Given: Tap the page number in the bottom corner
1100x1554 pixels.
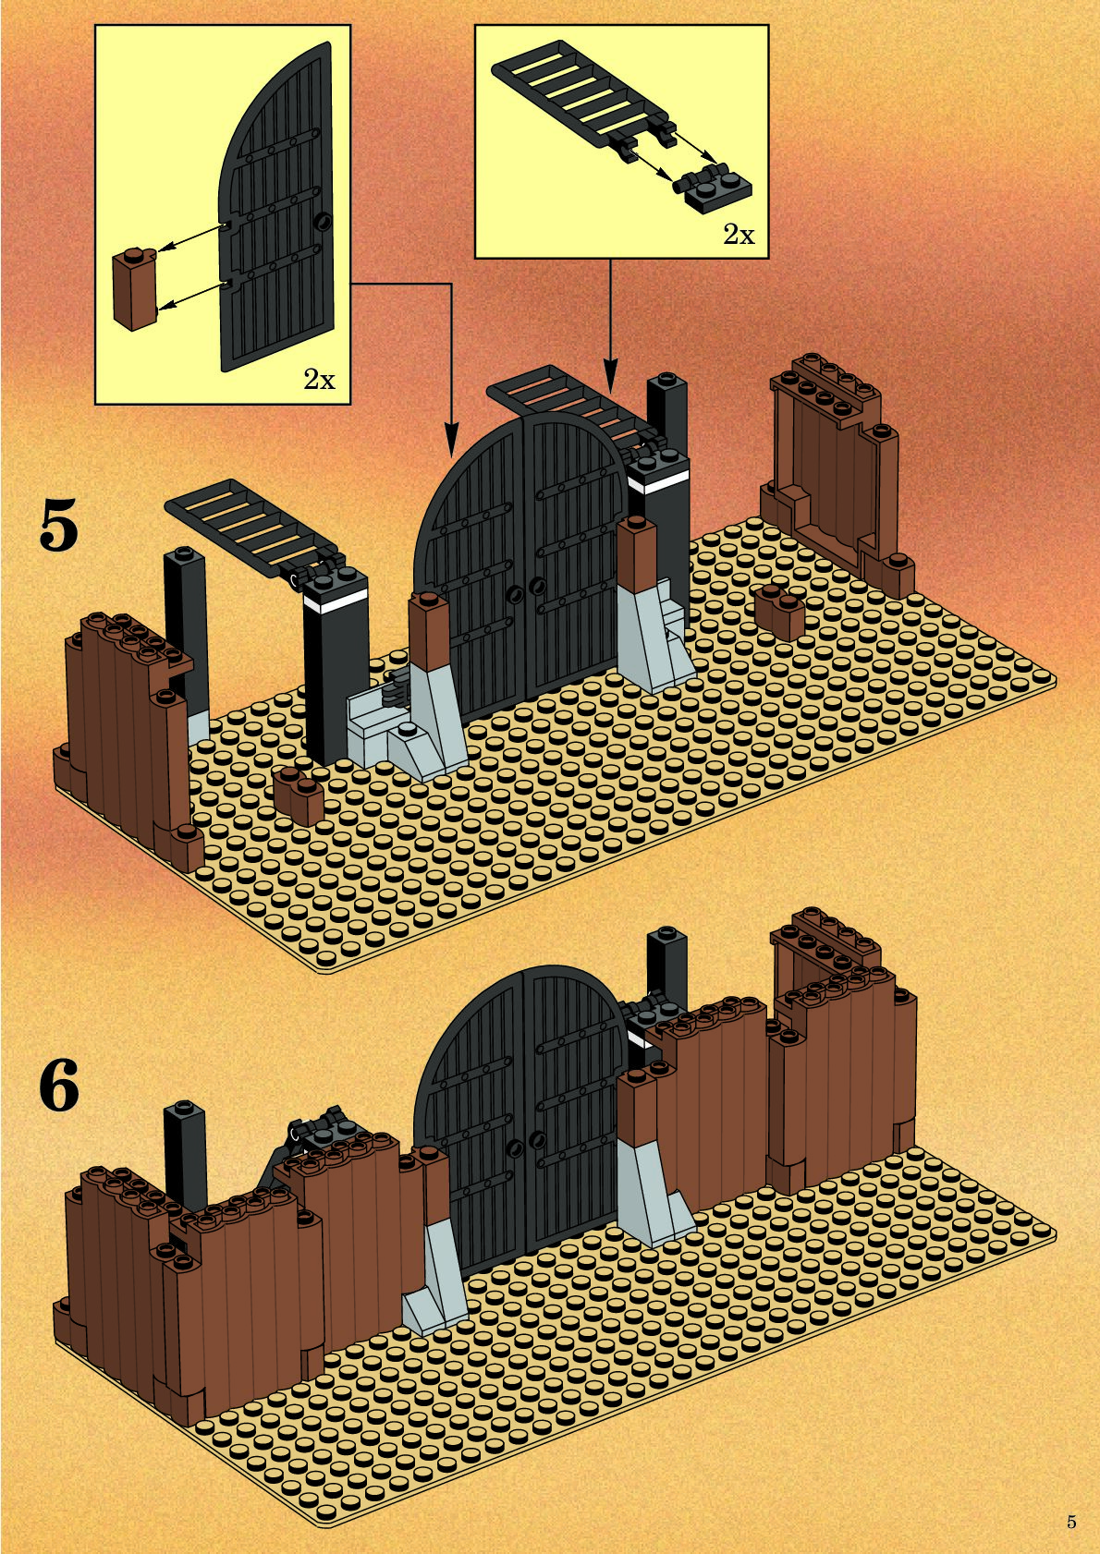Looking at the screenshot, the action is [x=1071, y=1522].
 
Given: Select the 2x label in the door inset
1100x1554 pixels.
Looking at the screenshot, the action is [x=319, y=379].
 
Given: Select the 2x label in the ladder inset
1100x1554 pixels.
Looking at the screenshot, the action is [x=739, y=235].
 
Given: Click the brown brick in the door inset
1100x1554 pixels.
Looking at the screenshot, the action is [x=135, y=288].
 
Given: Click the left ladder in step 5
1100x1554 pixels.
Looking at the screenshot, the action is [x=245, y=522].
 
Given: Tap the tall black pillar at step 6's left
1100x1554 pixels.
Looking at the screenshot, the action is [x=183, y=1155].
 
